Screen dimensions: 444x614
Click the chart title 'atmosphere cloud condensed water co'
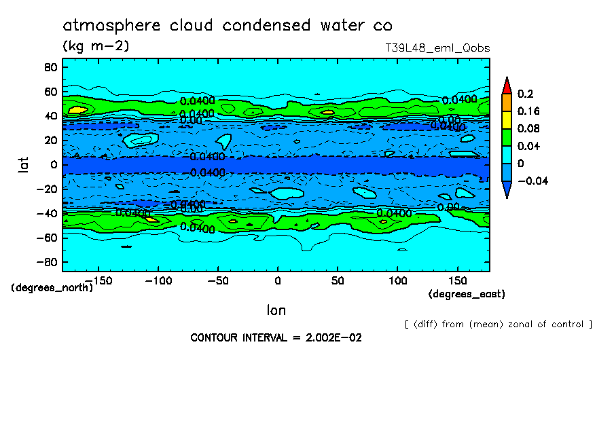(x=228, y=26)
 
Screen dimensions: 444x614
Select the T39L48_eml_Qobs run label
(x=437, y=48)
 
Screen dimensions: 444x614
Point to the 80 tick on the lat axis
(x=50, y=67)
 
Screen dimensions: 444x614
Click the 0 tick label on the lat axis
(x=52, y=165)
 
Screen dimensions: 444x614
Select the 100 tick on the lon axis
(x=397, y=280)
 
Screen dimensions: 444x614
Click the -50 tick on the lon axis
(x=217, y=280)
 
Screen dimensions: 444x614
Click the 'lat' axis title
(x=24, y=164)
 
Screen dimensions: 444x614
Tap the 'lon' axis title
(x=276, y=310)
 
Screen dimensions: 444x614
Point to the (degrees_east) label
(x=467, y=294)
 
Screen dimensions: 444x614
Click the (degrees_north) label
(x=52, y=287)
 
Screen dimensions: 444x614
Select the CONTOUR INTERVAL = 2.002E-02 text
(x=276, y=337)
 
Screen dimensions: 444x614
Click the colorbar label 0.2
(x=525, y=93)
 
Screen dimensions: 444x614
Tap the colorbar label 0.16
(x=528, y=111)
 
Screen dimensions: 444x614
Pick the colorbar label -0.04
(x=532, y=181)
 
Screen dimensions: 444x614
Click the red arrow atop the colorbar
(x=507, y=86)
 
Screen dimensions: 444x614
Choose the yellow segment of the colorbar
(x=507, y=119)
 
